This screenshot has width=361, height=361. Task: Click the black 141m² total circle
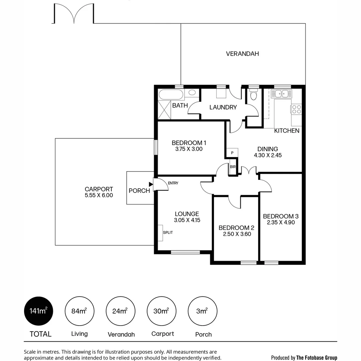[x=38, y=311]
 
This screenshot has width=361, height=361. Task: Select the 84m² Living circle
[x=79, y=311]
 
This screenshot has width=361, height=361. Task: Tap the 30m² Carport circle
[x=161, y=311]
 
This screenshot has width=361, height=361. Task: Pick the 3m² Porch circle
[x=202, y=311]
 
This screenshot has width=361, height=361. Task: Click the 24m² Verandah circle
[x=120, y=311]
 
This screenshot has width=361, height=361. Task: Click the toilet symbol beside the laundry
[x=254, y=95]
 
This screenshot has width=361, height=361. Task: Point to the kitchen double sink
[x=281, y=94]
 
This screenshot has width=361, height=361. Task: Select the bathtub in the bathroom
[x=171, y=95]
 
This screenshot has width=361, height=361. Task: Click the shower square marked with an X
[x=165, y=110]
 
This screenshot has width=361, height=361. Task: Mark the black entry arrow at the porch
[x=151, y=184]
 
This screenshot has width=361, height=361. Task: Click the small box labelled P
[x=232, y=153]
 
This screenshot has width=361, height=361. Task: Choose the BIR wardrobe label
[x=233, y=166]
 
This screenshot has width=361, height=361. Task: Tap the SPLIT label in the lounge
[x=168, y=232]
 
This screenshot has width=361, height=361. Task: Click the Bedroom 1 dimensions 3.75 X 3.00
[x=189, y=149]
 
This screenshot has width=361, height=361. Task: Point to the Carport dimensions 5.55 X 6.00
[x=99, y=195]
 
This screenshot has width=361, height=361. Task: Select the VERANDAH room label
[x=242, y=53]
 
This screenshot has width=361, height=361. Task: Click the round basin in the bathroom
[x=192, y=93]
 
